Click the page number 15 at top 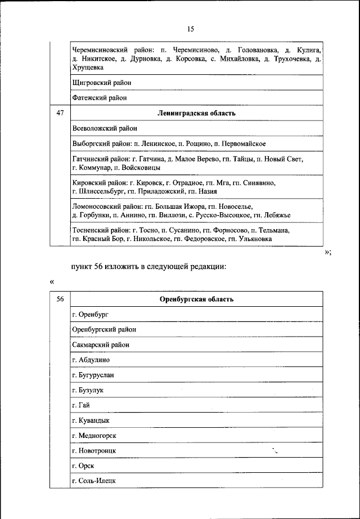(190, 29)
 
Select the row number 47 (60, 113)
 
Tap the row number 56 (60, 299)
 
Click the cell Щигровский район (102, 83)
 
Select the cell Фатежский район (100, 98)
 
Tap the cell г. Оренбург (91, 314)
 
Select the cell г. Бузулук (88, 390)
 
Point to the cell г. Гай (82, 405)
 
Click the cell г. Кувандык (91, 420)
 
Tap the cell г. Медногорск (94, 435)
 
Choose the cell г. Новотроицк (94, 450)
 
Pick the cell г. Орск (83, 466)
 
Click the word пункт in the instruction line (83, 267)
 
